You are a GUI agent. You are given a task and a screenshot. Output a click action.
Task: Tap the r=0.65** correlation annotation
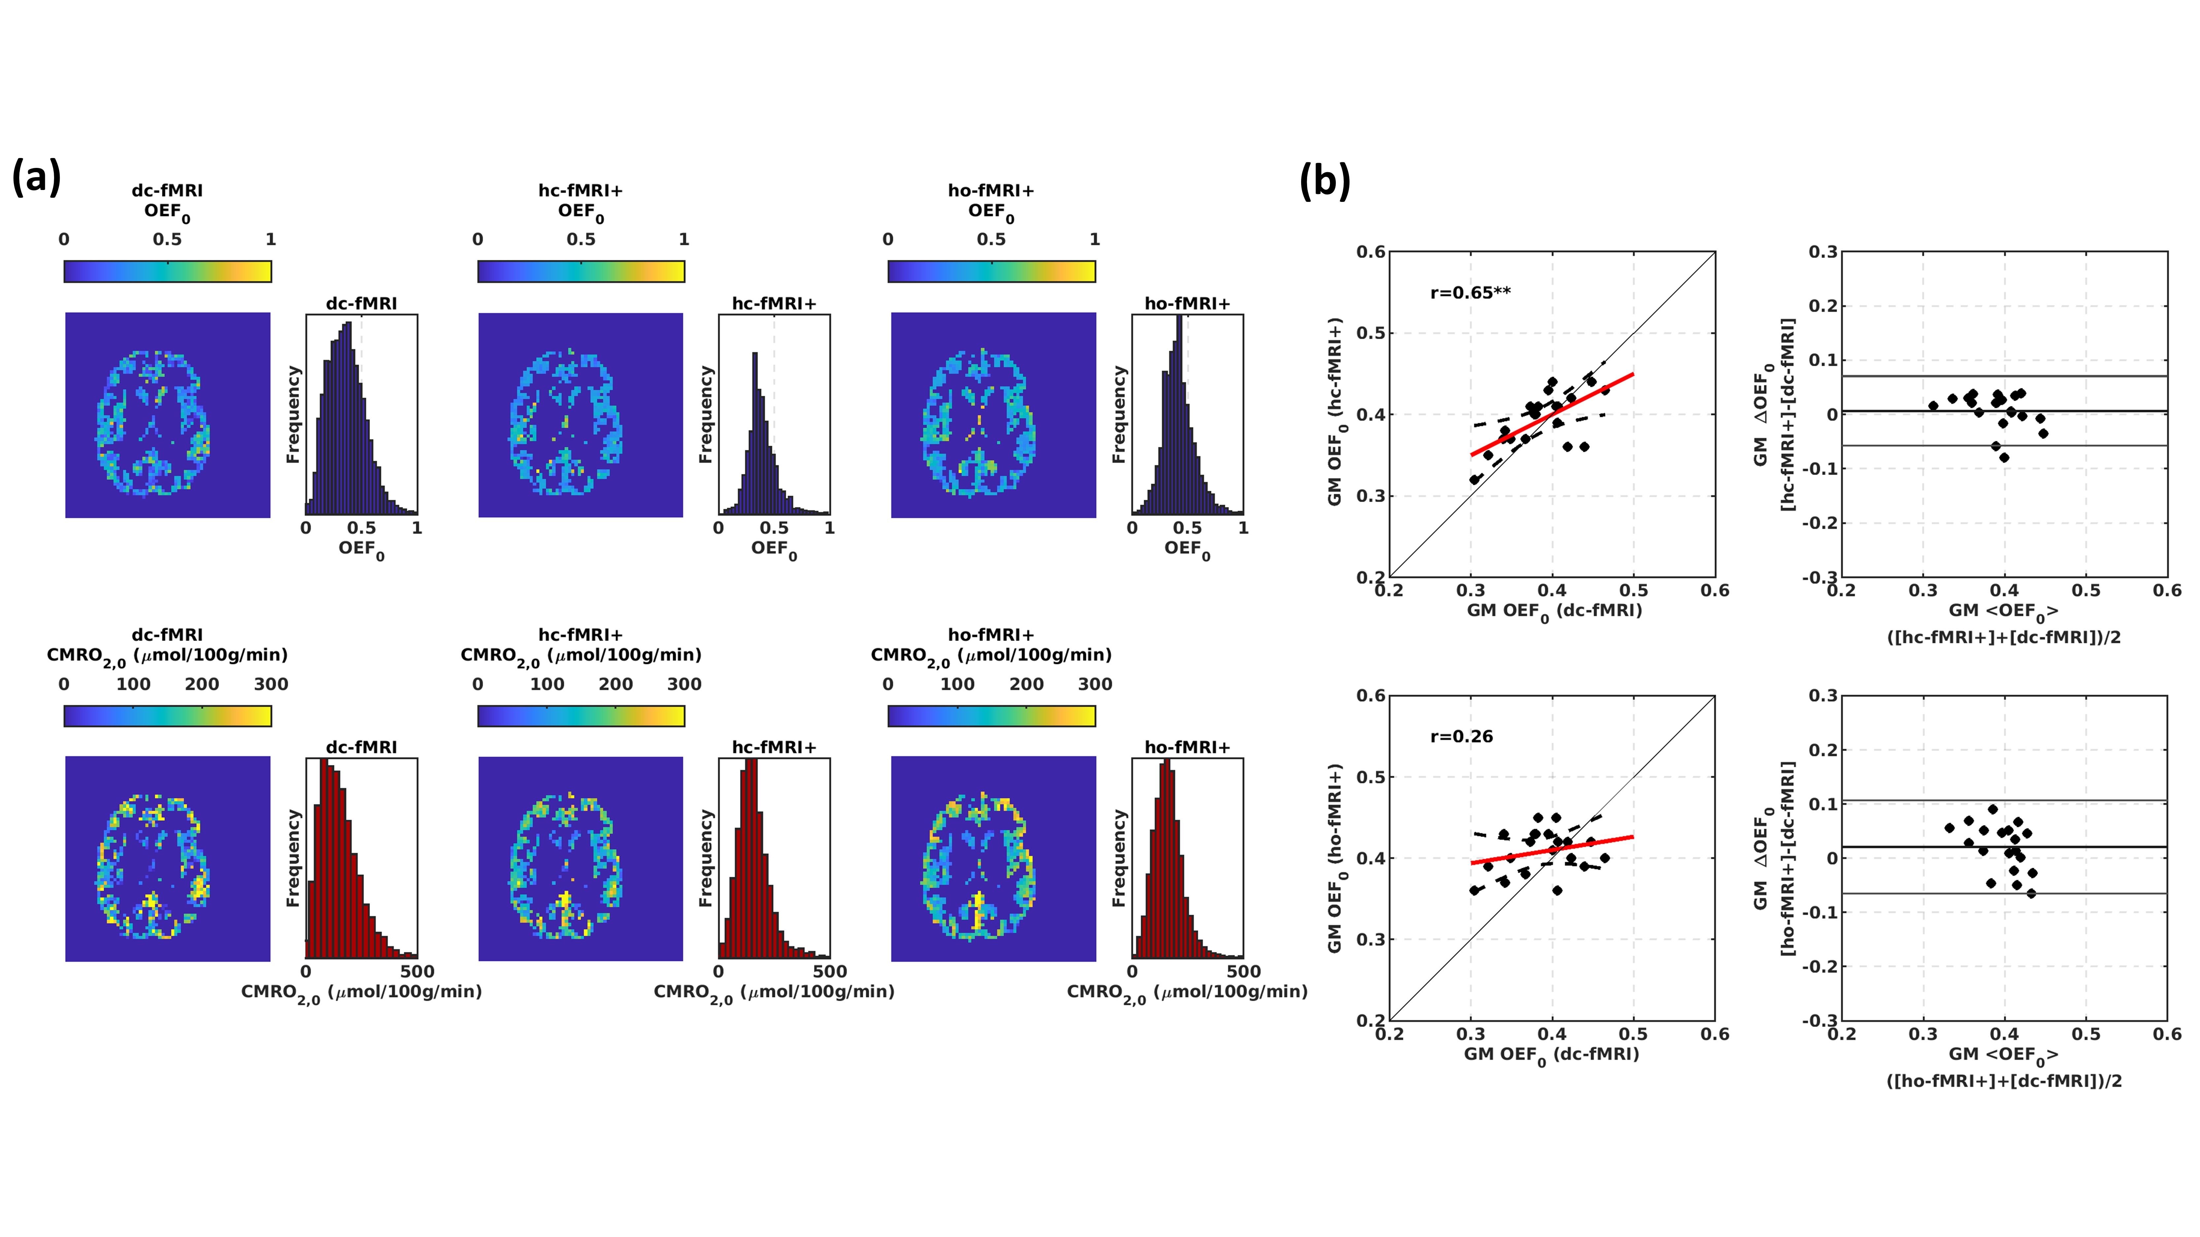pos(1470,293)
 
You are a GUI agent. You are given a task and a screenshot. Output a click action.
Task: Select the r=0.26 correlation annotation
pos(1461,737)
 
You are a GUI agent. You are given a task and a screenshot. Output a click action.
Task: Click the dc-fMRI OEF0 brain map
pos(167,415)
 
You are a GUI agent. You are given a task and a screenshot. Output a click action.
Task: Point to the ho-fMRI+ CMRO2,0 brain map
pos(993,859)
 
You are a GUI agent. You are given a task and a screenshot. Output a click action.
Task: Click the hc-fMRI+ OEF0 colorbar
pos(581,271)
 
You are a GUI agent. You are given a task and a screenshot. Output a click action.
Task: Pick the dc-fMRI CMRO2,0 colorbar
pos(167,715)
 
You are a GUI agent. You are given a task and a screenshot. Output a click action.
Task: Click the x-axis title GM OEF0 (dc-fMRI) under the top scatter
pos(1554,611)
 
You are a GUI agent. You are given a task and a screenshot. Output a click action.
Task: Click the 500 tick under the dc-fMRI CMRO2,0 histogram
pos(417,971)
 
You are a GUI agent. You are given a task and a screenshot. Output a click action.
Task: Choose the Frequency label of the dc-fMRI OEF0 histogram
pos(293,415)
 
